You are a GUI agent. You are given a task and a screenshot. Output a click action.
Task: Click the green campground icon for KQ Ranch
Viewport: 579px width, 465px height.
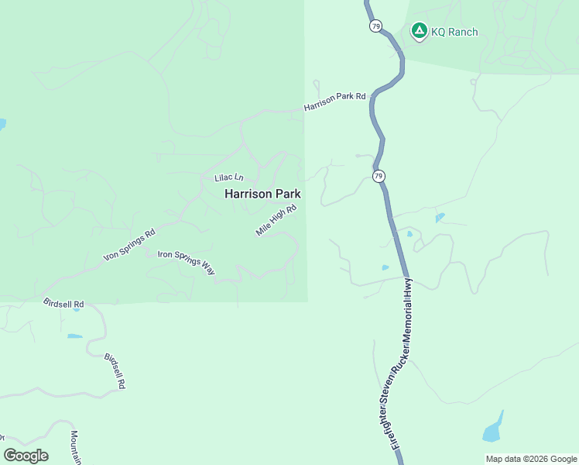419,31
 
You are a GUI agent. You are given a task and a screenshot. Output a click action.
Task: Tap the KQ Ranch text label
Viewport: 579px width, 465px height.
454,32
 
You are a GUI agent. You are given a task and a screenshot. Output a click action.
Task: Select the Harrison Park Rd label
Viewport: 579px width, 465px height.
334,101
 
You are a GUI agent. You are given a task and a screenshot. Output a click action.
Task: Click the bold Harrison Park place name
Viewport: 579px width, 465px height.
262,194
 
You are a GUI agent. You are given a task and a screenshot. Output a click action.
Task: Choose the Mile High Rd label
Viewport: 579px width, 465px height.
276,221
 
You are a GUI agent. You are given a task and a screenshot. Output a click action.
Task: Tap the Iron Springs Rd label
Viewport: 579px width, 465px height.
129,245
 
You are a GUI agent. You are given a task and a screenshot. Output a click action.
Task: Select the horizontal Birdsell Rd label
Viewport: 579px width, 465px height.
63,304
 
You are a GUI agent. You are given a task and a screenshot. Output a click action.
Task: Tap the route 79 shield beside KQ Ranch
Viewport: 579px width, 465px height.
375,26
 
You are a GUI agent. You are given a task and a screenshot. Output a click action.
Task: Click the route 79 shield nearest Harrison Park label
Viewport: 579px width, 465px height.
378,177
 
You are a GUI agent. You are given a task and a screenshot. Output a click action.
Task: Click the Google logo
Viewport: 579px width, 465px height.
26,455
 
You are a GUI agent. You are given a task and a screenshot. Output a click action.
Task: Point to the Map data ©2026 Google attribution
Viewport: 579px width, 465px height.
530,459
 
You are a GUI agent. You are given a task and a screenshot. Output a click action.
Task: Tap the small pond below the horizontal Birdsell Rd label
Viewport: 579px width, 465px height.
74,336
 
